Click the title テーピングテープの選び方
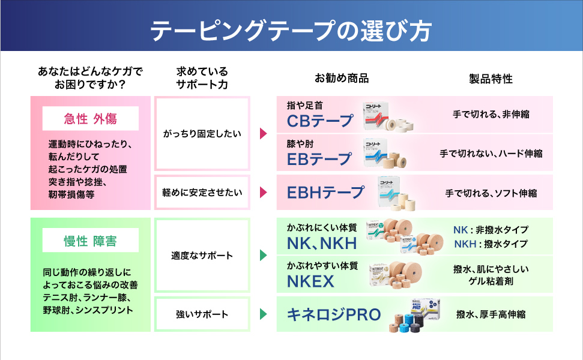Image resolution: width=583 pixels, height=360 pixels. click(x=291, y=31)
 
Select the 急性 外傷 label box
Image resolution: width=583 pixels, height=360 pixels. click(x=90, y=119)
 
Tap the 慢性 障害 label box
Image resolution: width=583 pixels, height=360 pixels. click(x=90, y=241)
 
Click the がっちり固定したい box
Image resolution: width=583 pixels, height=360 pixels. click(x=202, y=134)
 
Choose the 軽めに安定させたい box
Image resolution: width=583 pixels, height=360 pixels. click(x=202, y=193)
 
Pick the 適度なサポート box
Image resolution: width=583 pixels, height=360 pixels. click(x=202, y=255)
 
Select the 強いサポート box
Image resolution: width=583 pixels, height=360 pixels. click(x=202, y=314)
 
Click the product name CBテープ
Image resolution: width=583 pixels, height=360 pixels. click(x=320, y=121)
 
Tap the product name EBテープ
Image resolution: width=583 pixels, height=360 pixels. click(x=319, y=159)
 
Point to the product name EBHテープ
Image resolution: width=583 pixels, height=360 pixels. click(x=325, y=193)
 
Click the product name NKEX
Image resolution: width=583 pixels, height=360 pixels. click(x=310, y=281)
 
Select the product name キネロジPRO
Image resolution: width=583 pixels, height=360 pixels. click(x=334, y=314)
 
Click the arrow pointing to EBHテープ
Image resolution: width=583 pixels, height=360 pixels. click(x=263, y=193)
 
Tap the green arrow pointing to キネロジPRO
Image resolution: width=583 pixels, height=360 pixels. click(x=263, y=314)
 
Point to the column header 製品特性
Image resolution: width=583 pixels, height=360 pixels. click(x=491, y=79)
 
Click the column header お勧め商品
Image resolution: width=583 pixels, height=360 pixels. click(x=342, y=79)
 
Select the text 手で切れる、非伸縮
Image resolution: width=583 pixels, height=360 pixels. click(x=491, y=115)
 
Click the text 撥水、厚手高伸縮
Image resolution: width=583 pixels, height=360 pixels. click(x=491, y=314)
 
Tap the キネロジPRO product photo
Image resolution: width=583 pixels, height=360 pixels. click(x=414, y=314)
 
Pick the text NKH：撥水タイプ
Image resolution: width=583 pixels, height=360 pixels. click(x=491, y=244)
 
